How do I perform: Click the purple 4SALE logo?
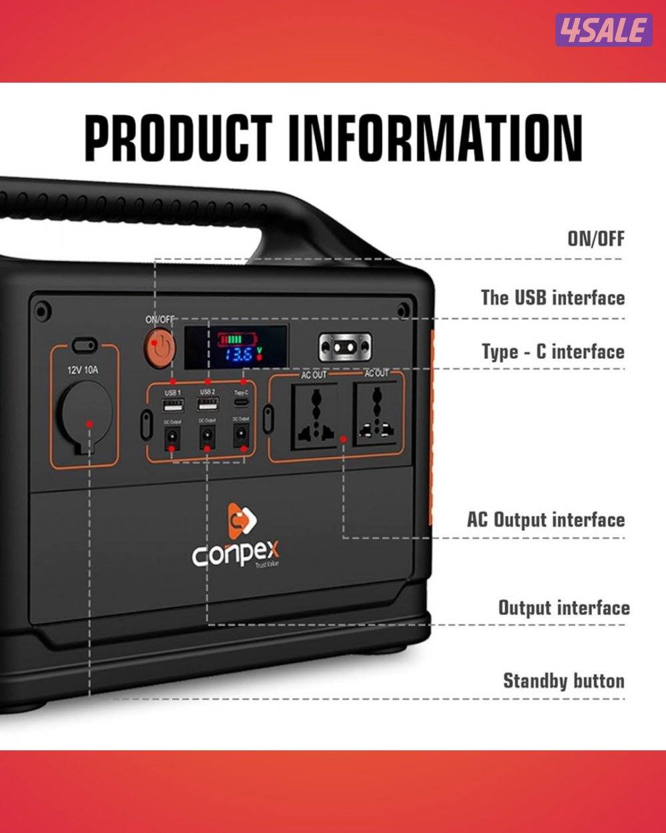(603, 30)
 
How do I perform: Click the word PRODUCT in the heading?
(180, 139)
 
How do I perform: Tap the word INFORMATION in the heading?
(436, 139)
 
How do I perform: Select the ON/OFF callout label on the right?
(595, 239)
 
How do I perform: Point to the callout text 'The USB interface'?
(553, 297)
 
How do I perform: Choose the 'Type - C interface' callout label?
(553, 351)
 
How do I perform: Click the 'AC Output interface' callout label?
(545, 520)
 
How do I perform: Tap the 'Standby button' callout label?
(563, 681)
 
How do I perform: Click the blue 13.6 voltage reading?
(237, 353)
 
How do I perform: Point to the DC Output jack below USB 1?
(172, 437)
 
